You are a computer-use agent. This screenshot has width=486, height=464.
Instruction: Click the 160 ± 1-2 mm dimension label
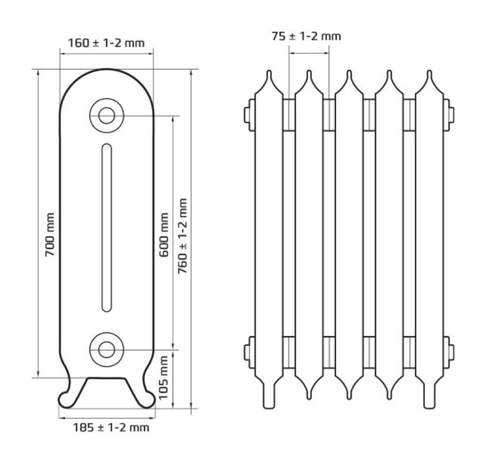[106, 43]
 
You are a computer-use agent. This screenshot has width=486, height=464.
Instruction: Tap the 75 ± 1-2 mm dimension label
[306, 36]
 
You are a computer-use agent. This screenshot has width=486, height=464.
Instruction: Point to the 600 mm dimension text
[164, 234]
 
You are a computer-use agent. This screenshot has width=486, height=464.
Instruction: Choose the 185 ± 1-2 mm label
[111, 428]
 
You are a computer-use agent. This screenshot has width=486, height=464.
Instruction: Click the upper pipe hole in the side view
[106, 115]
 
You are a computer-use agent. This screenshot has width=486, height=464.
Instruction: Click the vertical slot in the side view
[107, 228]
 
